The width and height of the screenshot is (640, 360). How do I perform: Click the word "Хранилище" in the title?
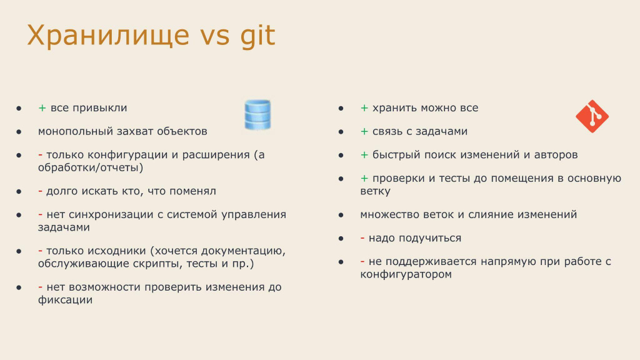[108, 36]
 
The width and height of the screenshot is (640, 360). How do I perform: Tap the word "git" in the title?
[257, 36]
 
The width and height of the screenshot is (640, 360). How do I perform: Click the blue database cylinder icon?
[257, 115]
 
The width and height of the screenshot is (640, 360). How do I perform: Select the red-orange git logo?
[592, 116]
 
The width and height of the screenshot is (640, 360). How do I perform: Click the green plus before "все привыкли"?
[42, 107]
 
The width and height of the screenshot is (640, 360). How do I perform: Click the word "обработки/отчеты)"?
[91, 167]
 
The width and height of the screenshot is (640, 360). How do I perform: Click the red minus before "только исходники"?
[40, 251]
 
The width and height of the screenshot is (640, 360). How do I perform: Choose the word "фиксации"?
[65, 299]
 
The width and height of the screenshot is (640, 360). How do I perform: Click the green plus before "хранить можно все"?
[364, 107]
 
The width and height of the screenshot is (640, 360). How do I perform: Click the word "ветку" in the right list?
[375, 191]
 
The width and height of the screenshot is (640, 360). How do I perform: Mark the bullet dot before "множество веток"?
[341, 215]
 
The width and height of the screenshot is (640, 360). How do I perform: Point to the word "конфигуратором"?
[406, 274]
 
